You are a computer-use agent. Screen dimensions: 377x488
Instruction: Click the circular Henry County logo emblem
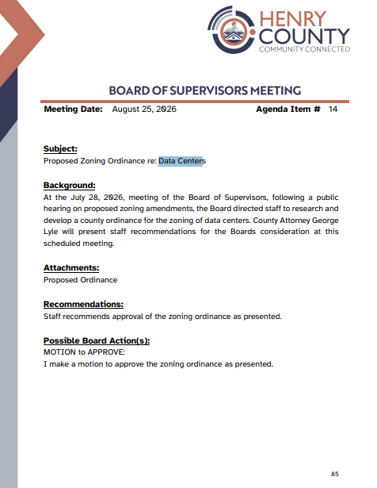click(x=232, y=30)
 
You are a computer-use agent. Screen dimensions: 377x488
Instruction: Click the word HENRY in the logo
click(x=292, y=19)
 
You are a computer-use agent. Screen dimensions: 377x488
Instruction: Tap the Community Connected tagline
click(x=304, y=49)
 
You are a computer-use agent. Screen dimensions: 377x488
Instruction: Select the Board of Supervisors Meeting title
click(x=204, y=90)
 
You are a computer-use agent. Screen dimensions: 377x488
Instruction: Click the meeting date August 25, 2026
click(x=144, y=109)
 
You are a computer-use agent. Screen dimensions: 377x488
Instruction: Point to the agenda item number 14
click(x=333, y=109)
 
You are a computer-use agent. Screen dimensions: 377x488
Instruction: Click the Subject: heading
click(x=60, y=148)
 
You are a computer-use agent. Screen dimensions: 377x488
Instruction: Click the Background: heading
click(x=69, y=185)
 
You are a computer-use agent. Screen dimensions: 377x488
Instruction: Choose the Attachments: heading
click(x=71, y=267)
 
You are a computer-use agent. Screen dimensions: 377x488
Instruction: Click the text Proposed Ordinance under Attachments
click(x=81, y=280)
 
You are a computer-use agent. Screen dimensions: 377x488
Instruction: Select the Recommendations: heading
click(x=83, y=304)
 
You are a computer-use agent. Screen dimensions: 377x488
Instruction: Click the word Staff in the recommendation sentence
click(x=51, y=316)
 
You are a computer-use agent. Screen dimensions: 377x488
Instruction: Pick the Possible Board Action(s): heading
click(x=97, y=340)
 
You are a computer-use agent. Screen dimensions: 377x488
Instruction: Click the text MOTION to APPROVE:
click(x=84, y=352)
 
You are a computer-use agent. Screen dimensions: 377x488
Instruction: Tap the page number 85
click(x=335, y=474)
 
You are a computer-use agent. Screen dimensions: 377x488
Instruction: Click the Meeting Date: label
click(x=74, y=109)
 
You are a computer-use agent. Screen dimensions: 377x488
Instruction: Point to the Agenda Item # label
click(x=288, y=109)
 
